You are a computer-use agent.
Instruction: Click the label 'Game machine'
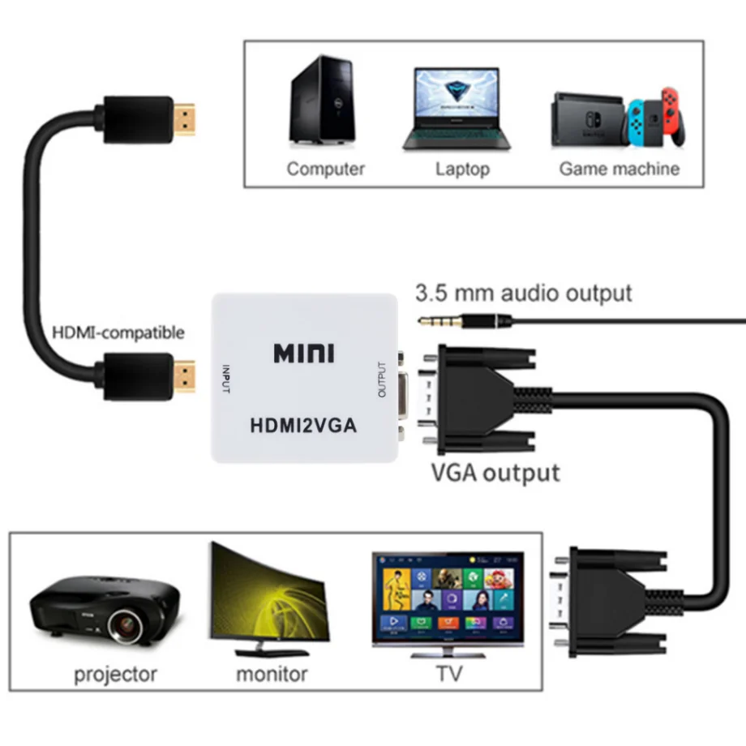point(620,169)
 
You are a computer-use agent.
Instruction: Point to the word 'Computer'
point(325,169)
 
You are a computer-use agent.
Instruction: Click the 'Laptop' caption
point(462,169)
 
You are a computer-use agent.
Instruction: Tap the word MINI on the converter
point(303,354)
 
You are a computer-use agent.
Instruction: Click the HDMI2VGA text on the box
point(303,425)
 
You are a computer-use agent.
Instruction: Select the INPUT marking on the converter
point(225,378)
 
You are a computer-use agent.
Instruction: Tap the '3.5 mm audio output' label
point(523,293)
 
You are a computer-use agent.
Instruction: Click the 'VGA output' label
point(495,472)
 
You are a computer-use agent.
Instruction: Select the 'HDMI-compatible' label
point(118,332)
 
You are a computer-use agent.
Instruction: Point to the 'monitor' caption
point(272,673)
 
